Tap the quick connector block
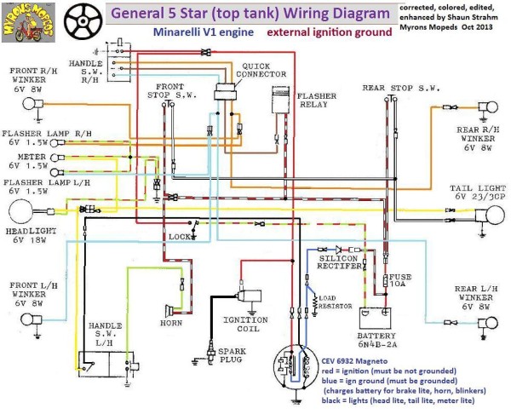pos(228,92)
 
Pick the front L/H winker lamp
pos(26,320)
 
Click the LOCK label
pos(179,235)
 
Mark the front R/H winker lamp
pos(29,105)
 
